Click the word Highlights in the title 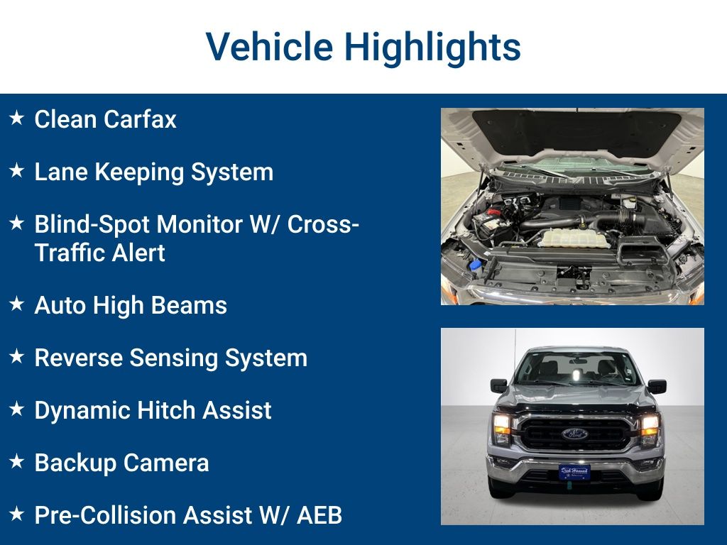click(432, 47)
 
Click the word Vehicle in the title click(269, 47)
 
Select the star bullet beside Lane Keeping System click(17, 171)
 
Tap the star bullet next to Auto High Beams click(17, 304)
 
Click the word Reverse click(78, 358)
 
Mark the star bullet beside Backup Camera click(17, 462)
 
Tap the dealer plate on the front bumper click(574, 470)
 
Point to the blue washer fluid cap click(475, 265)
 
